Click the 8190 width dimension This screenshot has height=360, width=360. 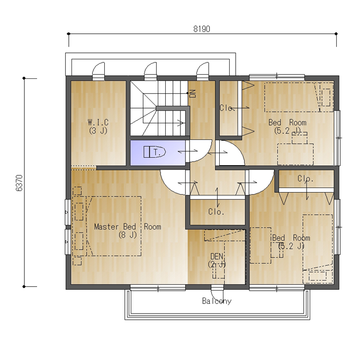click(x=202, y=29)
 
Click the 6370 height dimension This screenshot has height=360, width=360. click(x=19, y=183)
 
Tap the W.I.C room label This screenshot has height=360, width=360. click(x=98, y=122)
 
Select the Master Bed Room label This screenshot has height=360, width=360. click(x=128, y=227)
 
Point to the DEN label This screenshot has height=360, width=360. click(x=217, y=256)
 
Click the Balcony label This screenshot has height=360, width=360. click(x=217, y=301)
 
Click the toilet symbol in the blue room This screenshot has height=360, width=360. click(x=155, y=152)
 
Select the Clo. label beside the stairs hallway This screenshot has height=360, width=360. click(x=227, y=108)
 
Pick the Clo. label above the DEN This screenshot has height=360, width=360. click(x=216, y=212)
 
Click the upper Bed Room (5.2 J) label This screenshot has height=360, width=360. click(x=287, y=127)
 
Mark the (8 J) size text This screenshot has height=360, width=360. click(x=128, y=235)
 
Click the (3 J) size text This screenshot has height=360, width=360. click(x=98, y=131)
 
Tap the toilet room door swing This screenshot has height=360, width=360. click(x=199, y=151)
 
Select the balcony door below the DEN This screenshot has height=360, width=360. click(x=217, y=293)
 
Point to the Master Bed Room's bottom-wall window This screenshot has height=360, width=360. click(x=158, y=288)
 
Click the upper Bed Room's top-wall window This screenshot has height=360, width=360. click(x=277, y=77)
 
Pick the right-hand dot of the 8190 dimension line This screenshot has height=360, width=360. click(x=336, y=34)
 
